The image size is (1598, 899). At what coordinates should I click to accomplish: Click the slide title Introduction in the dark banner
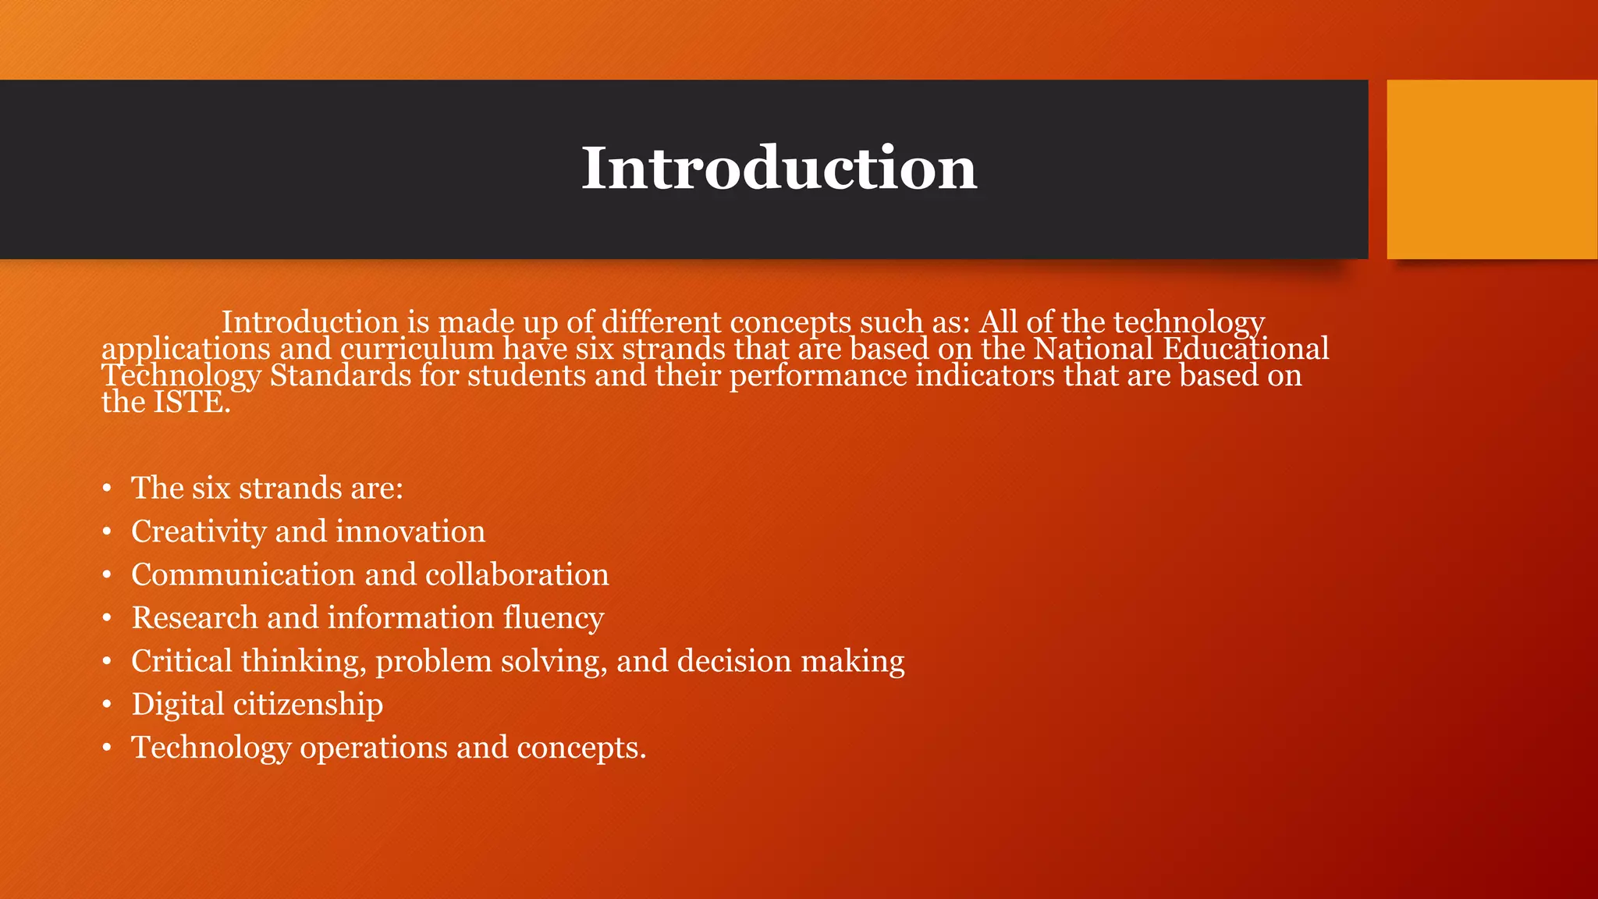click(779, 168)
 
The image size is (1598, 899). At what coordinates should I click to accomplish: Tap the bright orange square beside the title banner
click(1492, 169)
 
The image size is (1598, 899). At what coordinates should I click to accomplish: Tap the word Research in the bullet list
click(194, 618)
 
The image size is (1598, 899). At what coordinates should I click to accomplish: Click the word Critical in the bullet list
click(181, 661)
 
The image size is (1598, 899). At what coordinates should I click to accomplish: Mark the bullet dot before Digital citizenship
click(107, 705)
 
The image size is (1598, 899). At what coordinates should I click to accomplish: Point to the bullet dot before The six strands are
click(107, 489)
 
